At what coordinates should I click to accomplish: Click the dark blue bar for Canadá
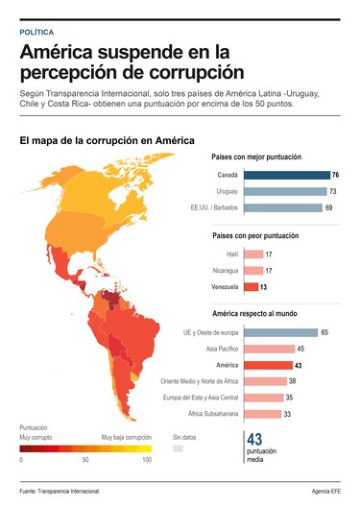[x=286, y=176]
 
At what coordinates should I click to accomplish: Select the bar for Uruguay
[x=285, y=191]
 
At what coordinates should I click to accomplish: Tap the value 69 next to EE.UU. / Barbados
[x=328, y=207]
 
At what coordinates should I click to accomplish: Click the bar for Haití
[x=253, y=254]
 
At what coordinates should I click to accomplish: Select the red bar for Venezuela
[x=251, y=286]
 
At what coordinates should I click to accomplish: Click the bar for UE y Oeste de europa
[x=280, y=332]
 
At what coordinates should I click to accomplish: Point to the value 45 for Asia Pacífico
[x=301, y=349]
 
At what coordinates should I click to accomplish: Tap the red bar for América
[x=268, y=365]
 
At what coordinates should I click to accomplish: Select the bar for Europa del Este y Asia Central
[x=263, y=398]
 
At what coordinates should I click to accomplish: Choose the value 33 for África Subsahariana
[x=287, y=414]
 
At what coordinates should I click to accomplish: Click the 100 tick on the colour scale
[x=147, y=461]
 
